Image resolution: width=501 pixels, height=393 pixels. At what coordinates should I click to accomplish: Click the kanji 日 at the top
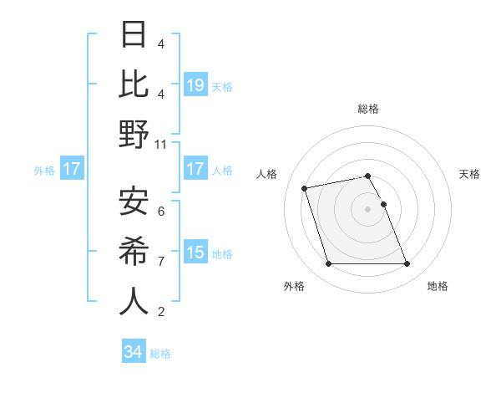[x=134, y=34]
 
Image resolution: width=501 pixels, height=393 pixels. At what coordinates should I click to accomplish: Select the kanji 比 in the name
[x=134, y=84]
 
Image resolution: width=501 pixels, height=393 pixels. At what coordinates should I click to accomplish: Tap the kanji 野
[x=134, y=135]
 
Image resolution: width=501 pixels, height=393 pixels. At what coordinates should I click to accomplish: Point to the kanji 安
[x=134, y=201]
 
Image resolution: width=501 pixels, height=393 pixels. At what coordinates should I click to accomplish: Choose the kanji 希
[x=134, y=251]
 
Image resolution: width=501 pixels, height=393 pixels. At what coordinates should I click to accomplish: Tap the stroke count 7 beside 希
[x=160, y=261]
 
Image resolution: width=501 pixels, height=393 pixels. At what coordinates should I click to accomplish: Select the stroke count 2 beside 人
[x=160, y=312]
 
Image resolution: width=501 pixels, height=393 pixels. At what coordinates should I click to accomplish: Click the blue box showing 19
[x=195, y=85]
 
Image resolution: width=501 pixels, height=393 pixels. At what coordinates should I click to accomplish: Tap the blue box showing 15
[x=195, y=253]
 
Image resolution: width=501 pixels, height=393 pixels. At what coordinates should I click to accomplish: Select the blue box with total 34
[x=134, y=352]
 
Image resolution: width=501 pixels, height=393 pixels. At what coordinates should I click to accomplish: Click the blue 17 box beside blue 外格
[x=71, y=170]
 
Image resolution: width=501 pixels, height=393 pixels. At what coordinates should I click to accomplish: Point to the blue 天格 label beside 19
[x=222, y=86]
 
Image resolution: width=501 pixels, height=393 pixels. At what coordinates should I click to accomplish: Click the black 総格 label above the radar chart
[x=367, y=109]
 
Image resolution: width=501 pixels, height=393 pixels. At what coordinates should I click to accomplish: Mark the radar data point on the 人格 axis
[x=305, y=187]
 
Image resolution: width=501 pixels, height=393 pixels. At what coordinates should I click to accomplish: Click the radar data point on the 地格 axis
[x=407, y=264]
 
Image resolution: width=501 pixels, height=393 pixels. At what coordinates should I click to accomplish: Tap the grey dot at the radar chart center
[x=367, y=209]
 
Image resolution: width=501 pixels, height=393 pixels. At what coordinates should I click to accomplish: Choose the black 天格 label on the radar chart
[x=469, y=174]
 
